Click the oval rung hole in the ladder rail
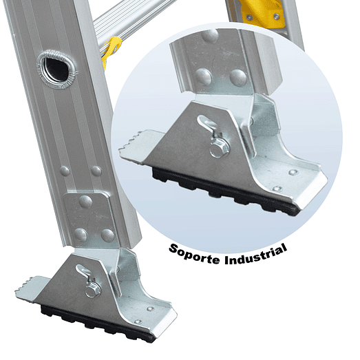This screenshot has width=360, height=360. coord(53,66)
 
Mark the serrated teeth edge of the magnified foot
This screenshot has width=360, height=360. coord(138,145)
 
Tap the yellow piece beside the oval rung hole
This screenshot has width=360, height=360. coord(110,50)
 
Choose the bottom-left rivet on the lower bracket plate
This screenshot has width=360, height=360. coord(81,234)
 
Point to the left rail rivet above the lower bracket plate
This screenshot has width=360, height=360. coord(65,171)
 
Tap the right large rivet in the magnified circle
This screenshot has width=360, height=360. coord(239,76)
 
